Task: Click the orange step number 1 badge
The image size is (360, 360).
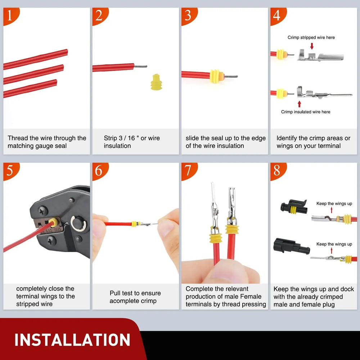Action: tap(11, 15)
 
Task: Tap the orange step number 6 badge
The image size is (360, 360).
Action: tap(100, 171)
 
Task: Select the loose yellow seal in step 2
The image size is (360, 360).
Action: tap(156, 82)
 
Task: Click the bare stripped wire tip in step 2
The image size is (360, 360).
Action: tap(141, 67)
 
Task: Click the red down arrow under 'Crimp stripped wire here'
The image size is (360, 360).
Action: tap(311, 46)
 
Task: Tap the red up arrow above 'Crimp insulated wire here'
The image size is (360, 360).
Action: tap(299, 104)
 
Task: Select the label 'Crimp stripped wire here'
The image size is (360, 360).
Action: tap(311, 37)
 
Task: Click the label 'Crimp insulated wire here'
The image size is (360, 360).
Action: tap(306, 112)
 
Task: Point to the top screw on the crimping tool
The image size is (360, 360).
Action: tap(43, 211)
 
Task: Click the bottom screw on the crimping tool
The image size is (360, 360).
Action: tap(51, 240)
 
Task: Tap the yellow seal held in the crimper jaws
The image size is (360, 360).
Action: tap(53, 222)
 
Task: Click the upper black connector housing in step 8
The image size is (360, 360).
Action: tap(294, 206)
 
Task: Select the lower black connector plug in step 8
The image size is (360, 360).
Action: tap(291, 246)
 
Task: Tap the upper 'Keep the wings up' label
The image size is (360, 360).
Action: tap(334, 204)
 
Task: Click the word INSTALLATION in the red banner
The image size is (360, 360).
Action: tap(72, 340)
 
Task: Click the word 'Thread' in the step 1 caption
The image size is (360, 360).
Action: tap(18, 138)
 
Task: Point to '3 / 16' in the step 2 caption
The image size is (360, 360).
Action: tap(127, 138)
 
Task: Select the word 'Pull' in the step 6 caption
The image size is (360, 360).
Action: tap(115, 293)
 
